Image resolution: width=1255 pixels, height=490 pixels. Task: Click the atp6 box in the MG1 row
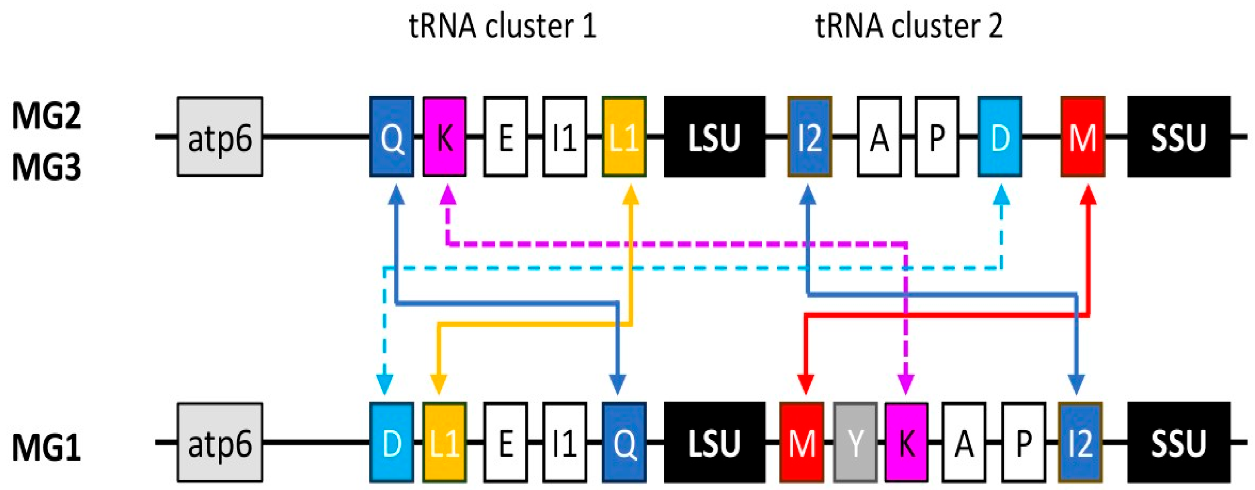pyautogui.click(x=220, y=442)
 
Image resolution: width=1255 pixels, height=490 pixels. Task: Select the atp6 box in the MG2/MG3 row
pyautogui.click(x=220, y=137)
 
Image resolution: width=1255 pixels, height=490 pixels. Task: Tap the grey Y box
pyautogui.click(x=855, y=442)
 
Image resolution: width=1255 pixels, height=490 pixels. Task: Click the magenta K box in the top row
pyautogui.click(x=444, y=137)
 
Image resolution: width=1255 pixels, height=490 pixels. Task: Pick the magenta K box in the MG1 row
pyautogui.click(x=906, y=442)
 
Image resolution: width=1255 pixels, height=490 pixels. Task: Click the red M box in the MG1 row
pyautogui.click(x=802, y=442)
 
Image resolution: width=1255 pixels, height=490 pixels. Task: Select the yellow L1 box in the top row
pyautogui.click(x=624, y=137)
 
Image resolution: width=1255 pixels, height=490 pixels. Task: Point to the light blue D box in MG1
pyautogui.click(x=392, y=442)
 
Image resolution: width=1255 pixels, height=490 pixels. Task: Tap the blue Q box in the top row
pyautogui.click(x=392, y=137)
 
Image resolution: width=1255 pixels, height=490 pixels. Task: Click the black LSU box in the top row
pyautogui.click(x=714, y=137)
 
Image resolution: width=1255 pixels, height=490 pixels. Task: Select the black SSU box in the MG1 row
pyautogui.click(x=1179, y=442)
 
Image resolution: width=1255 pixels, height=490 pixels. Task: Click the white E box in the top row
pyautogui.click(x=506, y=137)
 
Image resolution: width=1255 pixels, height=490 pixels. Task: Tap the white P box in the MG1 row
pyautogui.click(x=1024, y=442)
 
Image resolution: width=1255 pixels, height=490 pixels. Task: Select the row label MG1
pyautogui.click(x=46, y=447)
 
